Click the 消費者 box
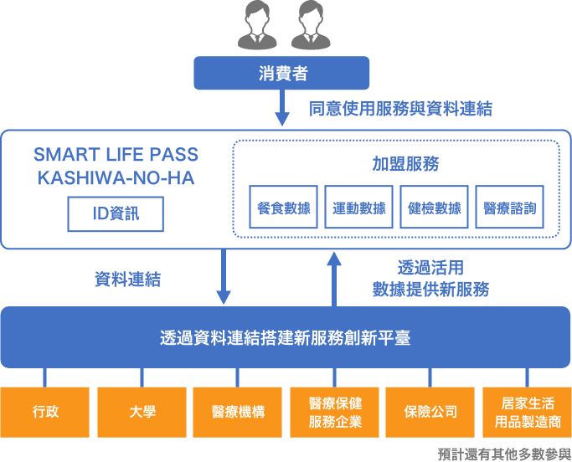(282, 73)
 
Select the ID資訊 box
(116, 214)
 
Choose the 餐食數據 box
(283, 208)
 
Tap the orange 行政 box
(45, 411)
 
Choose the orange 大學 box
(142, 411)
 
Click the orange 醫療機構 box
(238, 411)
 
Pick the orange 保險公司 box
(430, 411)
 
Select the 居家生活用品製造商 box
(527, 411)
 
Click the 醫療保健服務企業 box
(334, 411)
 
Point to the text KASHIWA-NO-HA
(116, 178)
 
